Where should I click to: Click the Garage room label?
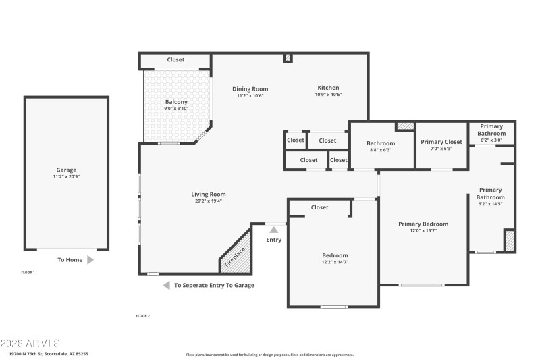click(x=66, y=170)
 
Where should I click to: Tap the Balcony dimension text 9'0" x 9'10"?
click(x=175, y=109)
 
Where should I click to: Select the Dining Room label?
click(x=250, y=88)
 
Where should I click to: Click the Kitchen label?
click(x=328, y=88)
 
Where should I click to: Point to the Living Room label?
click(x=208, y=194)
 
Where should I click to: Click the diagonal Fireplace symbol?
click(x=236, y=256)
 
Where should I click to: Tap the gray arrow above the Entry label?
click(x=274, y=230)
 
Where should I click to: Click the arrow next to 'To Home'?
click(x=90, y=259)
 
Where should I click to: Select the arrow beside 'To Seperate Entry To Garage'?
click(x=166, y=285)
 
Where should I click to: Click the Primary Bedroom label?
click(x=423, y=224)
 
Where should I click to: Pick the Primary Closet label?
click(x=441, y=142)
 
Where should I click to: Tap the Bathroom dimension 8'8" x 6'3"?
click(x=381, y=150)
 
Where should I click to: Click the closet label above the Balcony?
click(x=175, y=60)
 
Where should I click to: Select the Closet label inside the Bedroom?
click(x=319, y=207)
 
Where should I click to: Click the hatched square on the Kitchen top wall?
click(x=288, y=58)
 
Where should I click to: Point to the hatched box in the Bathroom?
click(x=404, y=126)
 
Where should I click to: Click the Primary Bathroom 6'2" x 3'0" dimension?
click(x=491, y=140)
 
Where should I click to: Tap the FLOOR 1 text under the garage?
click(x=28, y=272)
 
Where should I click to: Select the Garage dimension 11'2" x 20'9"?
click(x=66, y=177)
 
